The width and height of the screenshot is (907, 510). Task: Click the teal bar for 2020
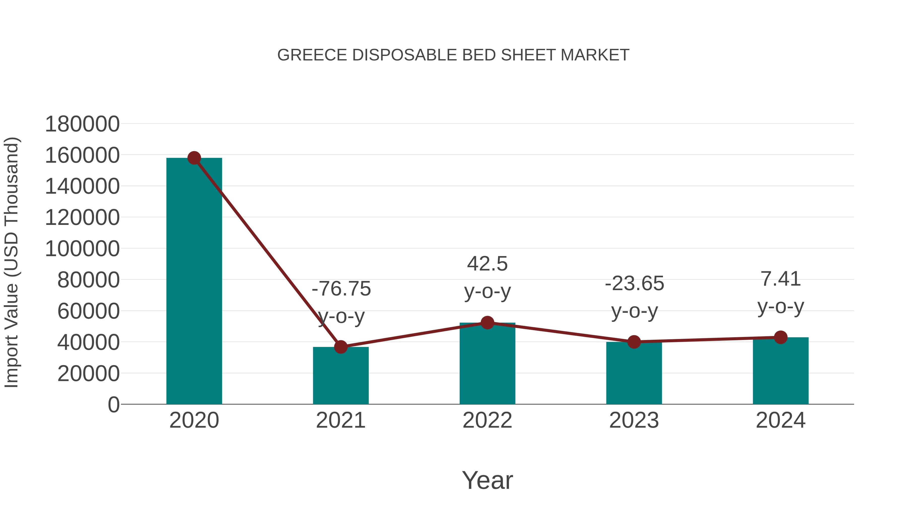pos(194,282)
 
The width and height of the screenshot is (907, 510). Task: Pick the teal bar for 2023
pos(634,373)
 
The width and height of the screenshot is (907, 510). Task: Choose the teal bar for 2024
pos(781,371)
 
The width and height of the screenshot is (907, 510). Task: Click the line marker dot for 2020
pos(194,158)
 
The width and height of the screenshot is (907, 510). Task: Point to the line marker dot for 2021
pos(340,347)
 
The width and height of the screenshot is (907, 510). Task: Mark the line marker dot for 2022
pos(487,322)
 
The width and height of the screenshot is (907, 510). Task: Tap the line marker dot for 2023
pos(634,342)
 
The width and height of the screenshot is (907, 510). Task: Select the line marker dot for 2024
pos(781,337)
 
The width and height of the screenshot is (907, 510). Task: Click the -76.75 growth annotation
pos(341,289)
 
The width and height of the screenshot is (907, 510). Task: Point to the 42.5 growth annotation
pos(487,264)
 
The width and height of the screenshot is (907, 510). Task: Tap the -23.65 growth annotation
pos(634,284)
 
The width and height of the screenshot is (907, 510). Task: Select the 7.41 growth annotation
pos(781,279)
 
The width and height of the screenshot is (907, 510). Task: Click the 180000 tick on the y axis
pos(82,124)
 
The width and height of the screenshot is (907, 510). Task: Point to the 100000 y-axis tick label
pos(82,249)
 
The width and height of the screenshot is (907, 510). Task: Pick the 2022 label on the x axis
pos(487,420)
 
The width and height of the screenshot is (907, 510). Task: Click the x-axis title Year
pos(487,480)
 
